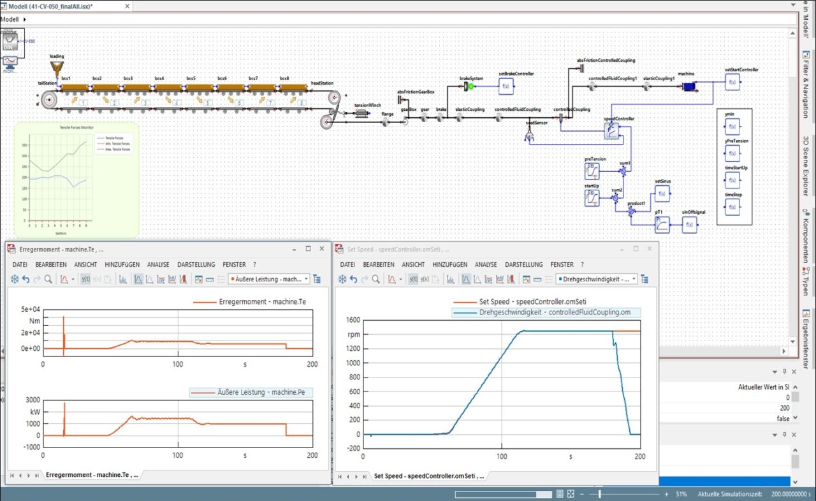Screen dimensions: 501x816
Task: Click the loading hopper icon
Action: pyautogui.click(x=57, y=68)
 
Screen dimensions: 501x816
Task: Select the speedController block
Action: pyautogui.click(x=611, y=131)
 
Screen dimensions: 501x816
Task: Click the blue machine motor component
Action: pyautogui.click(x=688, y=86)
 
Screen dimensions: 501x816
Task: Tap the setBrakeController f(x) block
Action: pyautogui.click(x=506, y=86)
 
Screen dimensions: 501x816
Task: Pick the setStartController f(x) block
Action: pyautogui.click(x=732, y=81)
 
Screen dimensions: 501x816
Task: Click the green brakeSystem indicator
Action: pyautogui.click(x=471, y=86)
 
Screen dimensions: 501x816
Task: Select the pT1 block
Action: pyautogui.click(x=662, y=224)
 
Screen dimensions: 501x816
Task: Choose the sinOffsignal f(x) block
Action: pyautogui.click(x=689, y=224)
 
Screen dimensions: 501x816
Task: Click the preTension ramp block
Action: pyautogui.click(x=592, y=171)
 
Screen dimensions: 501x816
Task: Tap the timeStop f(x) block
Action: pyautogui.click(x=732, y=207)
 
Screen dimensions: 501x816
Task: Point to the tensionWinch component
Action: pyautogui.click(x=361, y=114)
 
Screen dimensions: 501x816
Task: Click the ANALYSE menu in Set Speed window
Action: pyautogui.click(x=485, y=264)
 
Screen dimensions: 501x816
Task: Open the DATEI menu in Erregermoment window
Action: pyautogui.click(x=20, y=264)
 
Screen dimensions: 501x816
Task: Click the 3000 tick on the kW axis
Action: pyautogui.click(x=31, y=400)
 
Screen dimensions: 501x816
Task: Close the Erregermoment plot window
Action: pyautogui.click(x=323, y=249)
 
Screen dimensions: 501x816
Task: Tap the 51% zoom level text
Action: pyautogui.click(x=681, y=494)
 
